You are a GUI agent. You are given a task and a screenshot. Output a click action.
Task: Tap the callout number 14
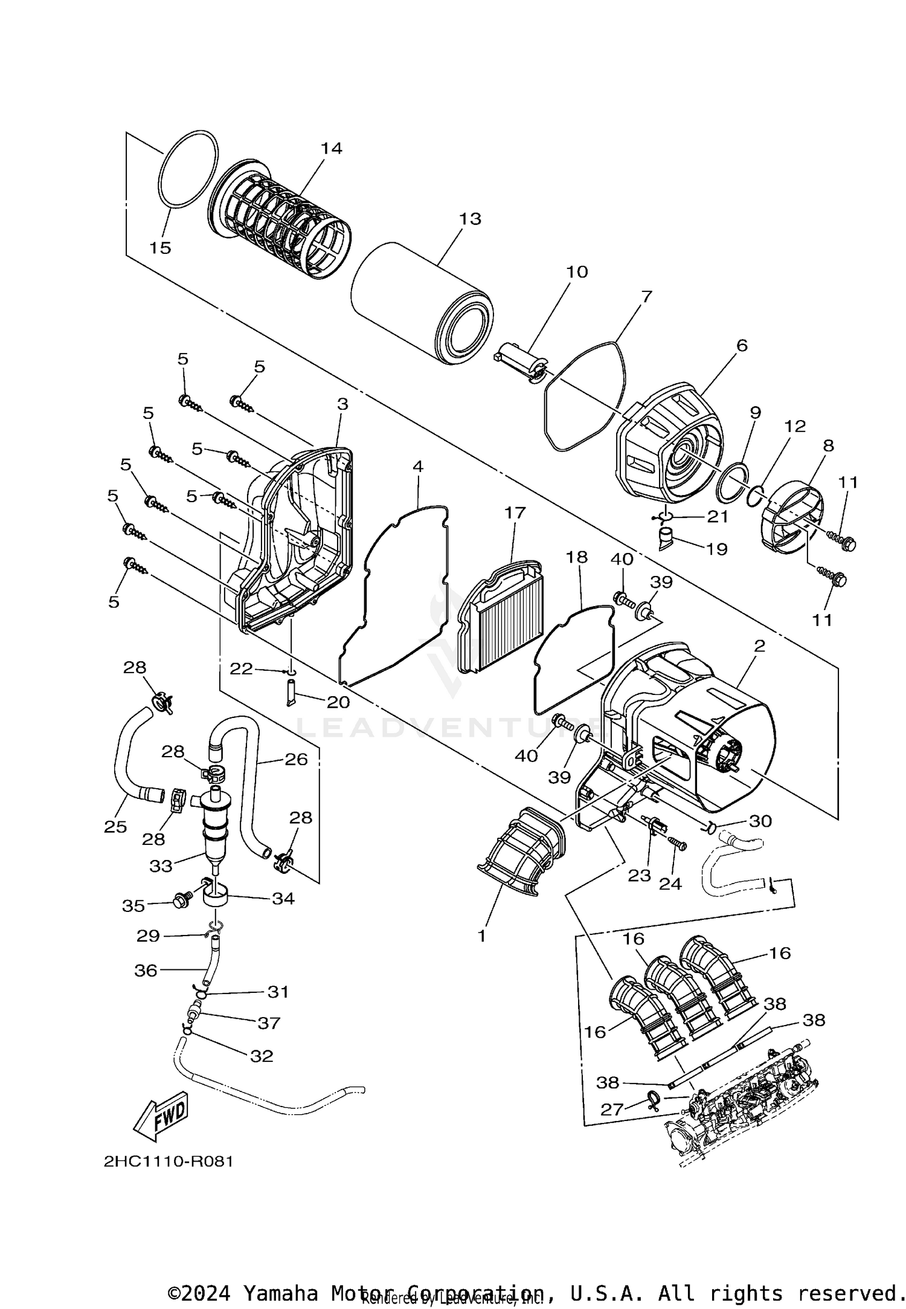click(331, 149)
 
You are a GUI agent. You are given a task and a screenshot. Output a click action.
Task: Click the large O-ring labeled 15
click(188, 170)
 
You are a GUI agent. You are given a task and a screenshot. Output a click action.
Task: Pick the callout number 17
click(515, 513)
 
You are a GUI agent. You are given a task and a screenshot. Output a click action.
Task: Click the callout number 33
click(161, 866)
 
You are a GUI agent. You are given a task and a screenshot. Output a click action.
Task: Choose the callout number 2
click(759, 646)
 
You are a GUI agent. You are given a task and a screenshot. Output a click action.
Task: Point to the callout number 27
click(612, 1109)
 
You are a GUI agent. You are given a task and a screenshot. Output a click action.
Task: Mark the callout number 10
click(577, 272)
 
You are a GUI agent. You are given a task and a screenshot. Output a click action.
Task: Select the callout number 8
click(828, 445)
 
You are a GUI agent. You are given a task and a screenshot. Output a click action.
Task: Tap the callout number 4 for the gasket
click(418, 467)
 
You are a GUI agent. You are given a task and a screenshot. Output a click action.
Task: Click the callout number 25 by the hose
click(115, 827)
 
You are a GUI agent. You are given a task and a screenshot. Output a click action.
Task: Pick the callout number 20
click(338, 702)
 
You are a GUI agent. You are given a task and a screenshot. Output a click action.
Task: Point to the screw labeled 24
click(677, 846)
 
